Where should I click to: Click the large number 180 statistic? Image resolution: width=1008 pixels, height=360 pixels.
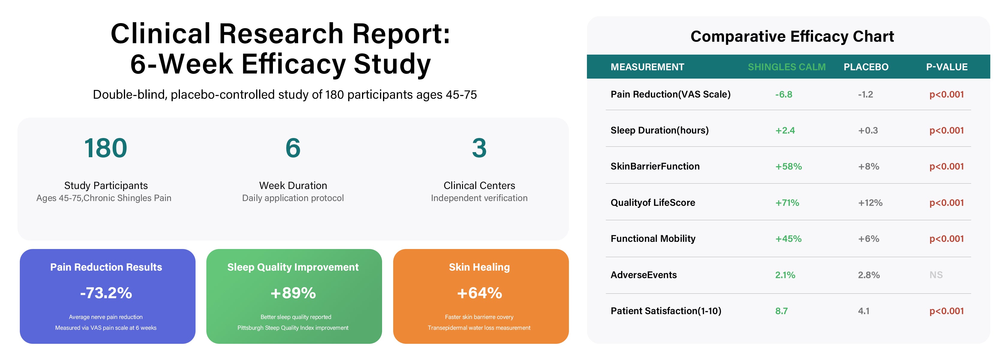(x=106, y=148)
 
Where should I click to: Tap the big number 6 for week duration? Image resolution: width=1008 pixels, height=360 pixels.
(x=293, y=148)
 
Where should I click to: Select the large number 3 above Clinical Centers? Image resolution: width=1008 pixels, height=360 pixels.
(x=479, y=148)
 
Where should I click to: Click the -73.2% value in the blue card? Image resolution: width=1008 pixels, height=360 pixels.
(x=106, y=293)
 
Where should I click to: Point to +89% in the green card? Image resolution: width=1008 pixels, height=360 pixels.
(x=293, y=293)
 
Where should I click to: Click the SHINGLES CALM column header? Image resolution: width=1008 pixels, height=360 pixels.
(x=787, y=67)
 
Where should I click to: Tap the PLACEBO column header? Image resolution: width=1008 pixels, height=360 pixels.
(x=866, y=67)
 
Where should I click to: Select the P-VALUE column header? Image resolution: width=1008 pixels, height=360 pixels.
(x=947, y=67)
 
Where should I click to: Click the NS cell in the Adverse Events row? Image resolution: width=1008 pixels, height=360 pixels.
(x=936, y=275)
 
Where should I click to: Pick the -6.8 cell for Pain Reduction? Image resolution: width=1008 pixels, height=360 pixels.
(x=784, y=94)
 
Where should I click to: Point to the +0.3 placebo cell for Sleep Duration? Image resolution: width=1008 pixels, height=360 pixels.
(x=868, y=130)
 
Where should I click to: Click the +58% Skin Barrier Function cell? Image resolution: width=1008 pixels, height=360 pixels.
(x=788, y=166)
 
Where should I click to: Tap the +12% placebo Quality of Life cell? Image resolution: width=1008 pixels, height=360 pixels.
(x=870, y=203)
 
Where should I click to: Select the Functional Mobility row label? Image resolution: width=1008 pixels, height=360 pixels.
(x=653, y=239)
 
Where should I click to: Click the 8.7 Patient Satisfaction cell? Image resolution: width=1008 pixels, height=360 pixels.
(x=782, y=311)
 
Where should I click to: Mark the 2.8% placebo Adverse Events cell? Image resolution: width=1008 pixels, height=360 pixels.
(x=869, y=275)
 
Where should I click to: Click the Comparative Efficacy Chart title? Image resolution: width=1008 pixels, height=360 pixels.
(x=792, y=36)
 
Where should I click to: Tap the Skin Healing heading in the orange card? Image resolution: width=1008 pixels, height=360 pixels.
(x=479, y=267)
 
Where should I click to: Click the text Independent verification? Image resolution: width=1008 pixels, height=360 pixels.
(x=479, y=198)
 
